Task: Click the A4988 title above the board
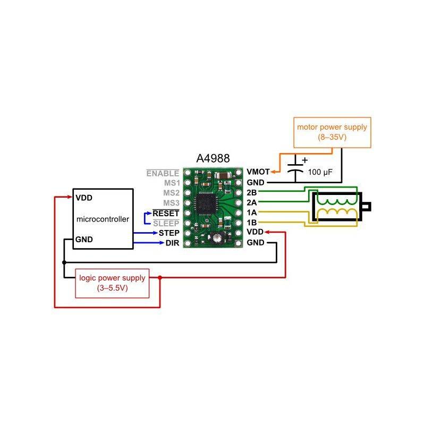point(213,159)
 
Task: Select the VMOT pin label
point(258,172)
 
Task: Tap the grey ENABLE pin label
point(163,173)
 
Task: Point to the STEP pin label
point(168,233)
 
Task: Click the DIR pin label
point(172,243)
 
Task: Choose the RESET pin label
point(165,213)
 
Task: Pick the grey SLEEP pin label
point(165,223)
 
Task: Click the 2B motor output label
point(252,192)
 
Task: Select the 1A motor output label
point(252,212)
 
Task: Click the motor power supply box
point(332,132)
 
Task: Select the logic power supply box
point(112,283)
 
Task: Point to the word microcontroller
point(103,219)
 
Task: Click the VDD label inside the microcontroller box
point(84,197)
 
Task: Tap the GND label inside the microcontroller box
point(84,239)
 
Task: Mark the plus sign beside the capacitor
point(304,159)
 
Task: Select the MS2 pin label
point(171,193)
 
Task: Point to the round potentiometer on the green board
point(215,240)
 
